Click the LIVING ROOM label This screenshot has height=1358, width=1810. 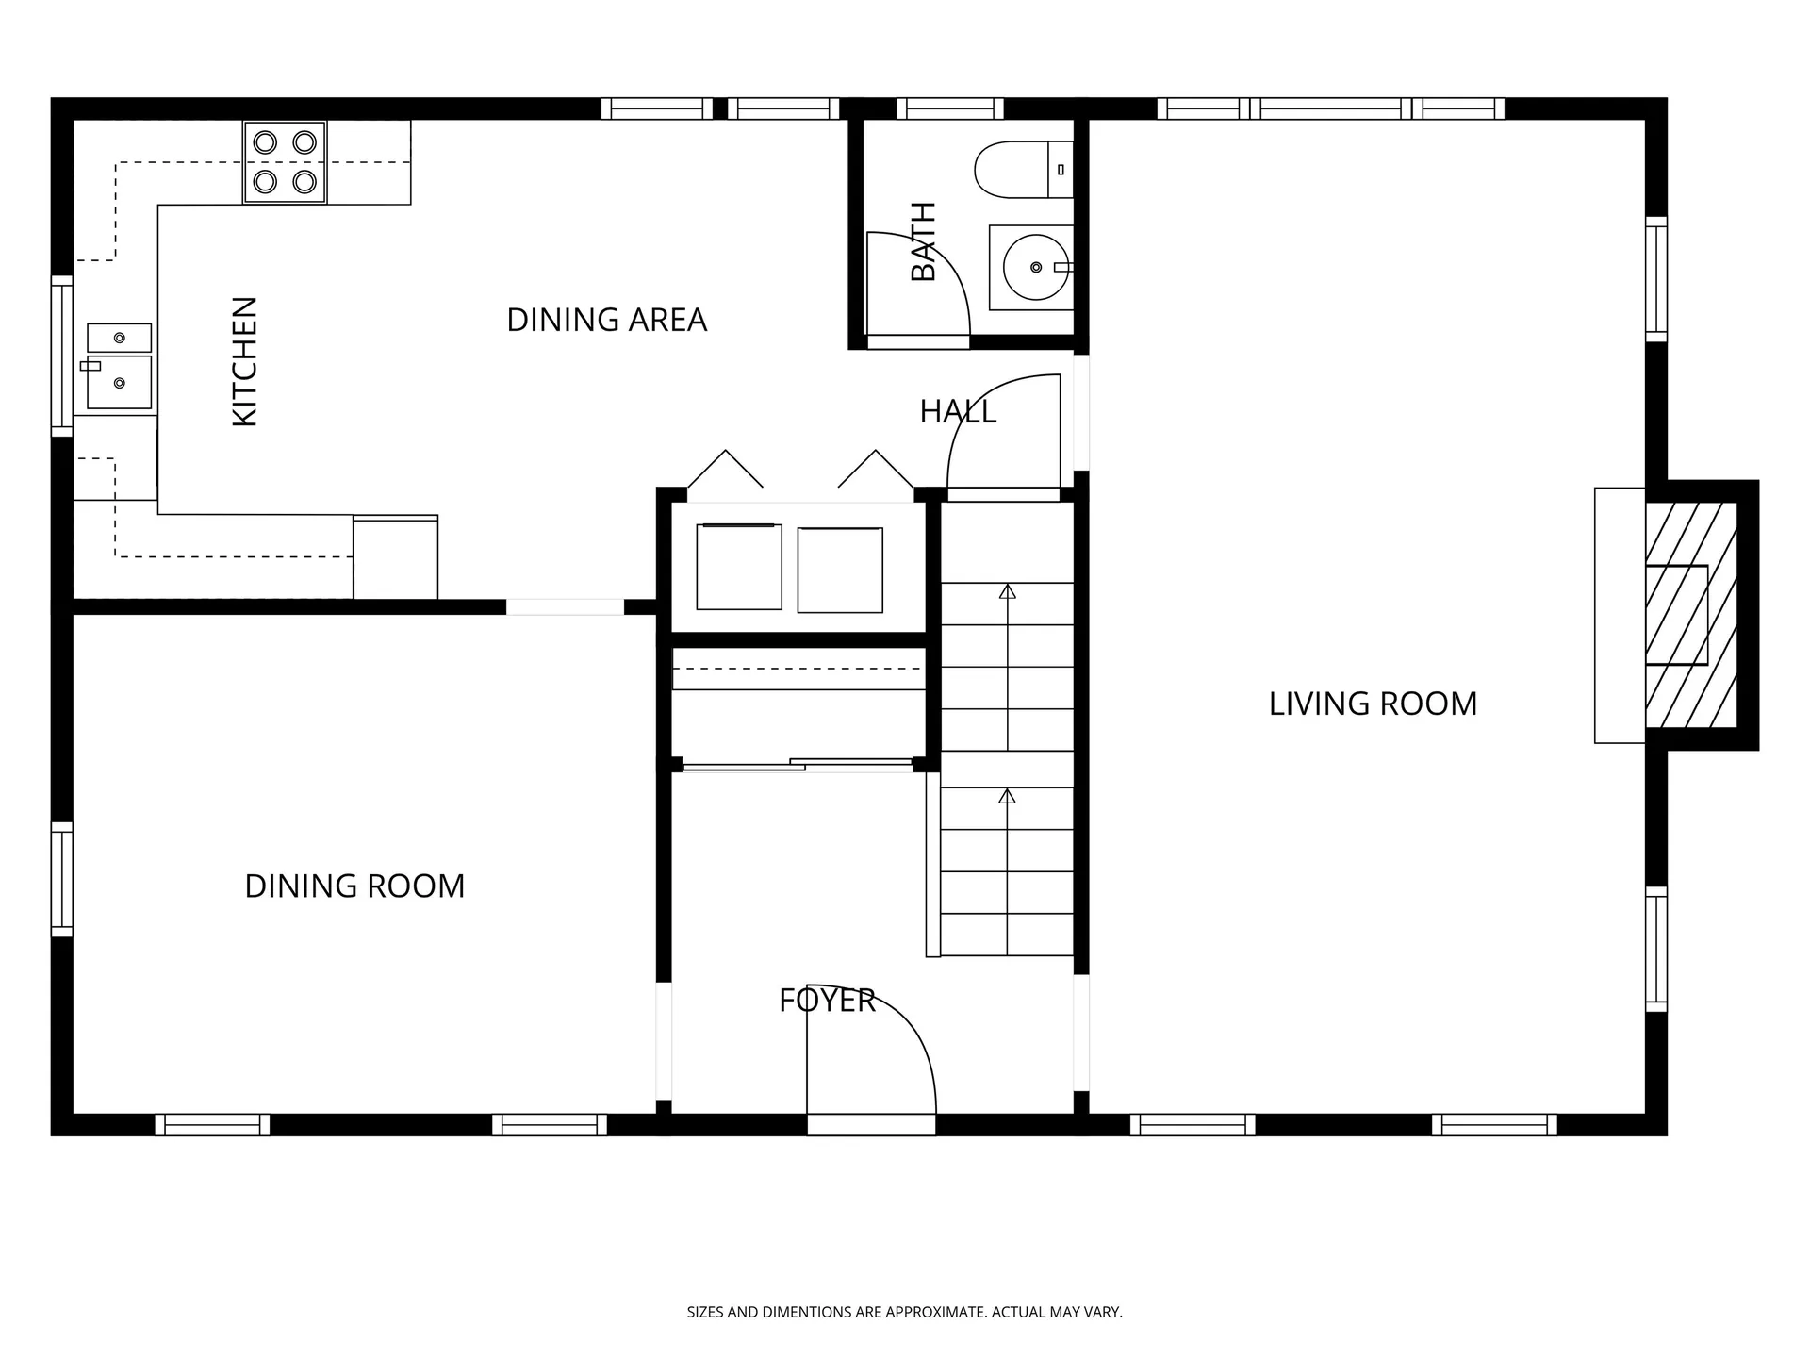point(1373,704)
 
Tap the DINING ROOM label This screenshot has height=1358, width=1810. point(354,886)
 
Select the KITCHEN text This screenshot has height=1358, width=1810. point(244,361)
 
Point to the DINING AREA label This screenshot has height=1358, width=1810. point(606,320)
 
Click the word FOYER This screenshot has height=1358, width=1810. point(827,1001)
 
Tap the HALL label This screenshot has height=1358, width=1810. point(957,412)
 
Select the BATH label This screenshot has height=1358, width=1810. point(924,241)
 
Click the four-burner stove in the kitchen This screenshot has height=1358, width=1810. point(285,161)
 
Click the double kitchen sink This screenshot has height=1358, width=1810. point(119,366)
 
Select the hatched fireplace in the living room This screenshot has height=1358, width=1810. point(1691,615)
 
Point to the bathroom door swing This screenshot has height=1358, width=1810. point(917,283)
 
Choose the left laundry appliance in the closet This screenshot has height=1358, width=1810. point(739,567)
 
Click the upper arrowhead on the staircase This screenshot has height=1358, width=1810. point(1007,591)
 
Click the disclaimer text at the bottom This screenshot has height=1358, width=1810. point(904,1312)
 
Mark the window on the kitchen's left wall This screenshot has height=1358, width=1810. point(61,356)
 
